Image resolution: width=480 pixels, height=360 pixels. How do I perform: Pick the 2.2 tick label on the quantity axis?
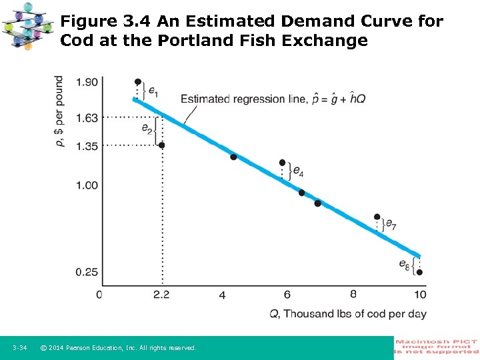161,295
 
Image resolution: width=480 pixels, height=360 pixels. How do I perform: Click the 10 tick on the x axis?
420,295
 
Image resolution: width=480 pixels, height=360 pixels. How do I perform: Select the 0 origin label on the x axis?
99,295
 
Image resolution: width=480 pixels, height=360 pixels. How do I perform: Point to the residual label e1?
153,90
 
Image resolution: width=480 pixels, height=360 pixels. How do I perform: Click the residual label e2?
147,128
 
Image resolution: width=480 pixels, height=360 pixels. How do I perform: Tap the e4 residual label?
298,173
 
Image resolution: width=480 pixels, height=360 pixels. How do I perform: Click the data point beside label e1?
138,82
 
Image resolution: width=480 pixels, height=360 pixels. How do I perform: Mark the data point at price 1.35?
161,145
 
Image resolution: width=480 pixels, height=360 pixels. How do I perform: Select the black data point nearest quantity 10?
419,272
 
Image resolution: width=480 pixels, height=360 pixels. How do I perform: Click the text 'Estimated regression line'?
238,99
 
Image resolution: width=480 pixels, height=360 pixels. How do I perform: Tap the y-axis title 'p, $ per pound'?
59,110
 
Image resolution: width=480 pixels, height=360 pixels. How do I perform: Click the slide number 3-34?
19,348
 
